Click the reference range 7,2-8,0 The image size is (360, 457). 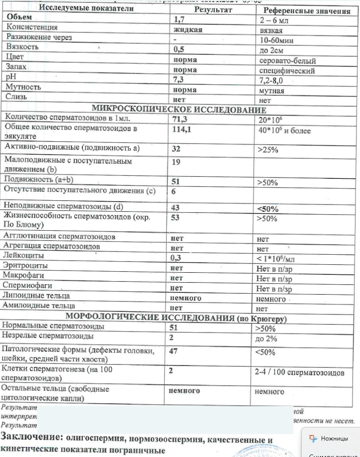pyautogui.click(x=274, y=80)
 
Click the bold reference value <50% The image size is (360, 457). pyautogui.click(x=268, y=209)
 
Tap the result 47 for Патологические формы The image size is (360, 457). pyautogui.click(x=174, y=351)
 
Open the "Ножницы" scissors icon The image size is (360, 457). pyautogui.click(x=313, y=439)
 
